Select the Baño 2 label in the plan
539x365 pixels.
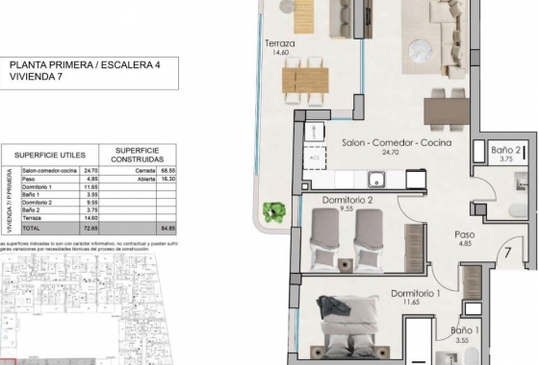click(506, 151)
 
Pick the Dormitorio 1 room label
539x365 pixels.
click(416, 294)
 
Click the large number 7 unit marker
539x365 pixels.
click(505, 255)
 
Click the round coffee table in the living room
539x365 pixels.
click(423, 48)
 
